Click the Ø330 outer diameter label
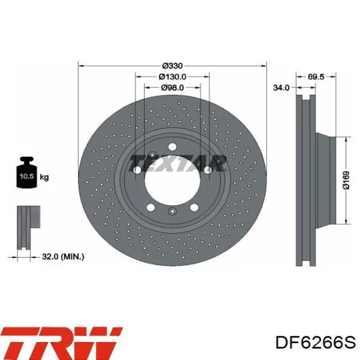(x=172, y=66)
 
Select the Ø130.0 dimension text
(x=172, y=77)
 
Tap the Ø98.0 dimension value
(x=172, y=87)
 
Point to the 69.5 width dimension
(x=316, y=77)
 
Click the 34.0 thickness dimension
(x=281, y=87)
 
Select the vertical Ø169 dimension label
(x=346, y=180)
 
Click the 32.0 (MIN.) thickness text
(x=63, y=257)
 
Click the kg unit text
(x=44, y=177)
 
